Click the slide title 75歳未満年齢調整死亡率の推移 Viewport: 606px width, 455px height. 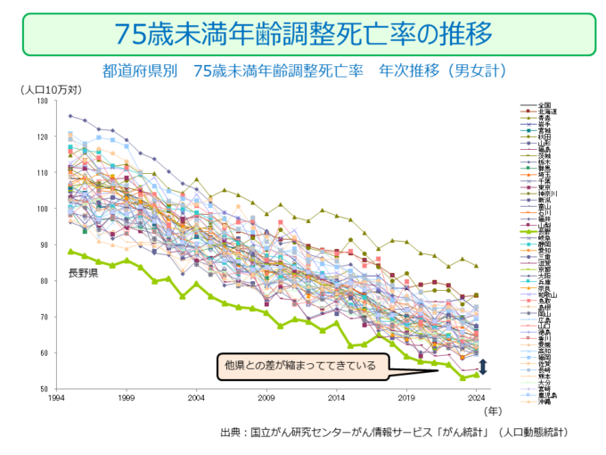pos(303,34)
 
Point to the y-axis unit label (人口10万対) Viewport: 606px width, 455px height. pos(51,89)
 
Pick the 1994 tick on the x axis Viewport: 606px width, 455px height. pos(57,399)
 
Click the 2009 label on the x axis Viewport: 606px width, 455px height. pos(266,399)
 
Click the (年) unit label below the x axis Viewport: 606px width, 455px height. pos(493,412)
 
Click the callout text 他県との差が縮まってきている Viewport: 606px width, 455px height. pos(301,365)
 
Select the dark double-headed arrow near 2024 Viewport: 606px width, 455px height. pos(483,366)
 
